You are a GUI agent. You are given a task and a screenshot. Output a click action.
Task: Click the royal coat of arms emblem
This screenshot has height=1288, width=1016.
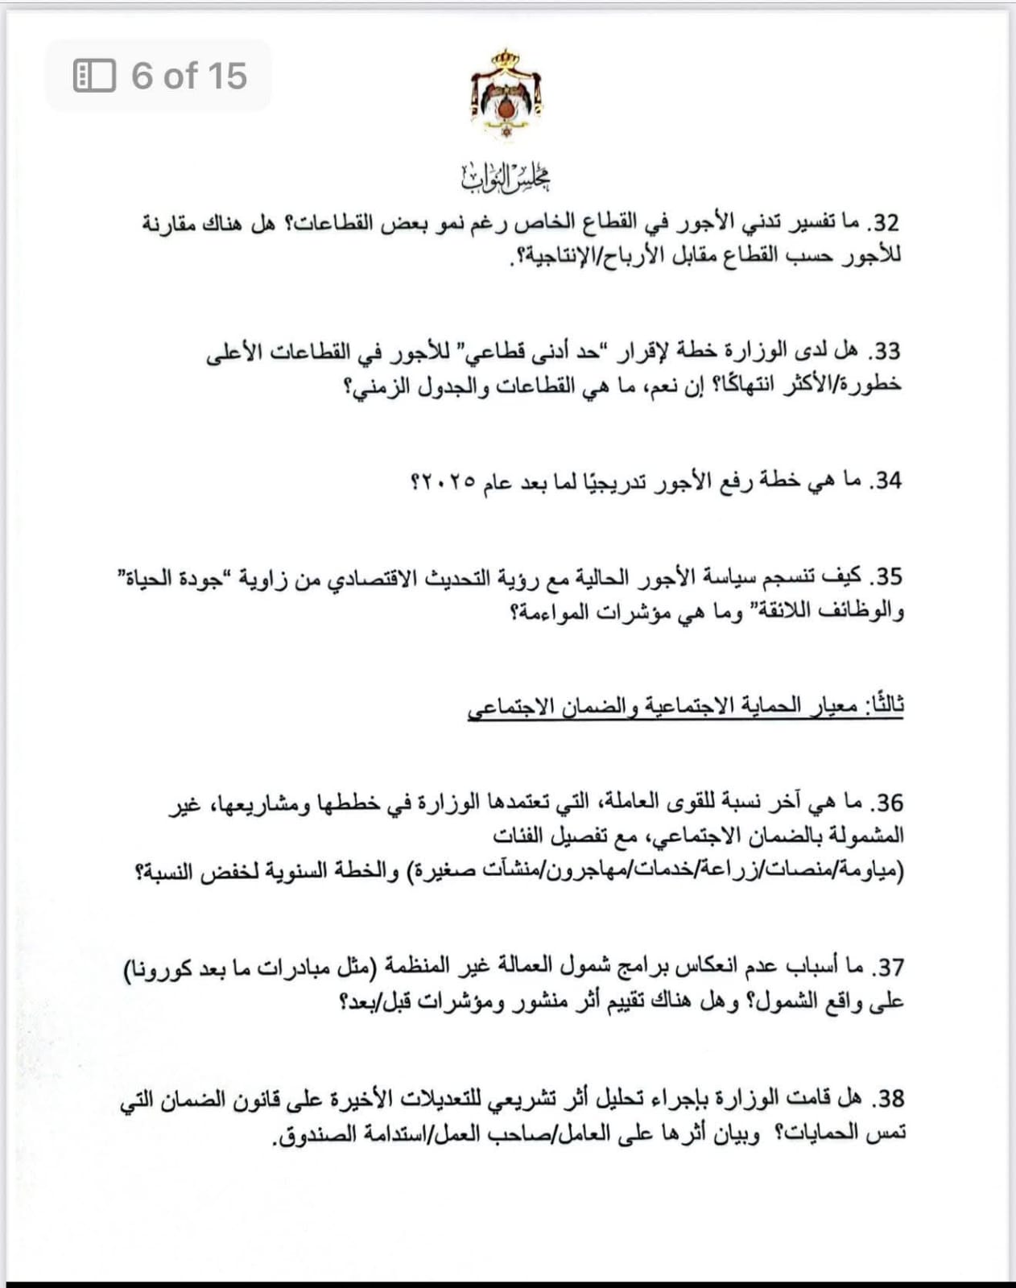pos(506,95)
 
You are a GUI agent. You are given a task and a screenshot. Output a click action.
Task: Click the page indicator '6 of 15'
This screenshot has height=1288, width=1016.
pos(189,76)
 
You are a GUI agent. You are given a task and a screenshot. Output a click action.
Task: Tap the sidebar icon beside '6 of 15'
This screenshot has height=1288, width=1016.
pos(94,76)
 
